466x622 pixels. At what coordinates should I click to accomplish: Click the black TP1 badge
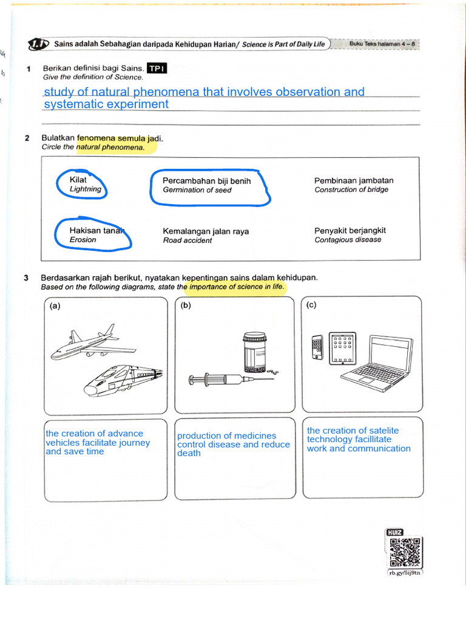coord(157,69)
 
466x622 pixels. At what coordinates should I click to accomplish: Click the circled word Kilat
coord(78,180)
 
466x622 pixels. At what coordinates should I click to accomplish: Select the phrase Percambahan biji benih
coord(206,181)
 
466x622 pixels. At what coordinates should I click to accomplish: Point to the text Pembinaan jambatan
coord(354,180)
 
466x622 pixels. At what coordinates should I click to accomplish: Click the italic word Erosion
coord(83,240)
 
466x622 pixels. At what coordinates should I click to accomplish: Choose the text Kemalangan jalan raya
coord(206,231)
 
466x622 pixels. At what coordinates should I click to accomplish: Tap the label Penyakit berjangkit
coord(350,231)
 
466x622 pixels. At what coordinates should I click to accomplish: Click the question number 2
coord(27,138)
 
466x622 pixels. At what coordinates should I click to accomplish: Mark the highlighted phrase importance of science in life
coord(236,287)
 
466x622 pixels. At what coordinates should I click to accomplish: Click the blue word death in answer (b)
coord(189,453)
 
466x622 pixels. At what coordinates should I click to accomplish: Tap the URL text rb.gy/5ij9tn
coord(405,573)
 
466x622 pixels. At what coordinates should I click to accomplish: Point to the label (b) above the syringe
coord(186,306)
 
